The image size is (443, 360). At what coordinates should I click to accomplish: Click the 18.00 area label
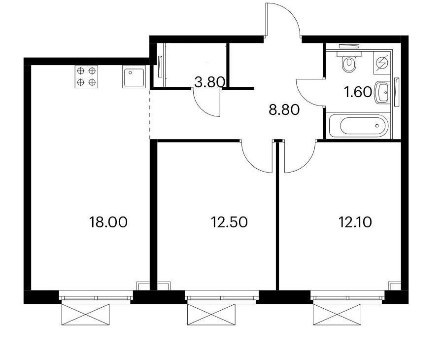tap(108, 222)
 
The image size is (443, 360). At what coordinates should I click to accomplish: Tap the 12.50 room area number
tap(230, 222)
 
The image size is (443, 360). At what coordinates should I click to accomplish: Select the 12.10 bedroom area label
tap(355, 222)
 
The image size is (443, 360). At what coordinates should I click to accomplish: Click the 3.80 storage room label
tap(210, 82)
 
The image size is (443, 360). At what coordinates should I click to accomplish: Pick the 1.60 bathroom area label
tap(358, 92)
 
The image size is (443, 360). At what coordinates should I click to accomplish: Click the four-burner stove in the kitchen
tap(86, 76)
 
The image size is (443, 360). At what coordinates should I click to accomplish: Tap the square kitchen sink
tap(134, 76)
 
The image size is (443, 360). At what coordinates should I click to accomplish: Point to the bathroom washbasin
tap(382, 92)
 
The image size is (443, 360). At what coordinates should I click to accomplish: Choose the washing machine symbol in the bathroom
tap(382, 63)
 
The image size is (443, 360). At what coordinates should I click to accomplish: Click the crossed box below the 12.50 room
tap(211, 315)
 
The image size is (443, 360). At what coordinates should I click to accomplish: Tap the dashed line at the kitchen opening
tap(149, 114)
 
